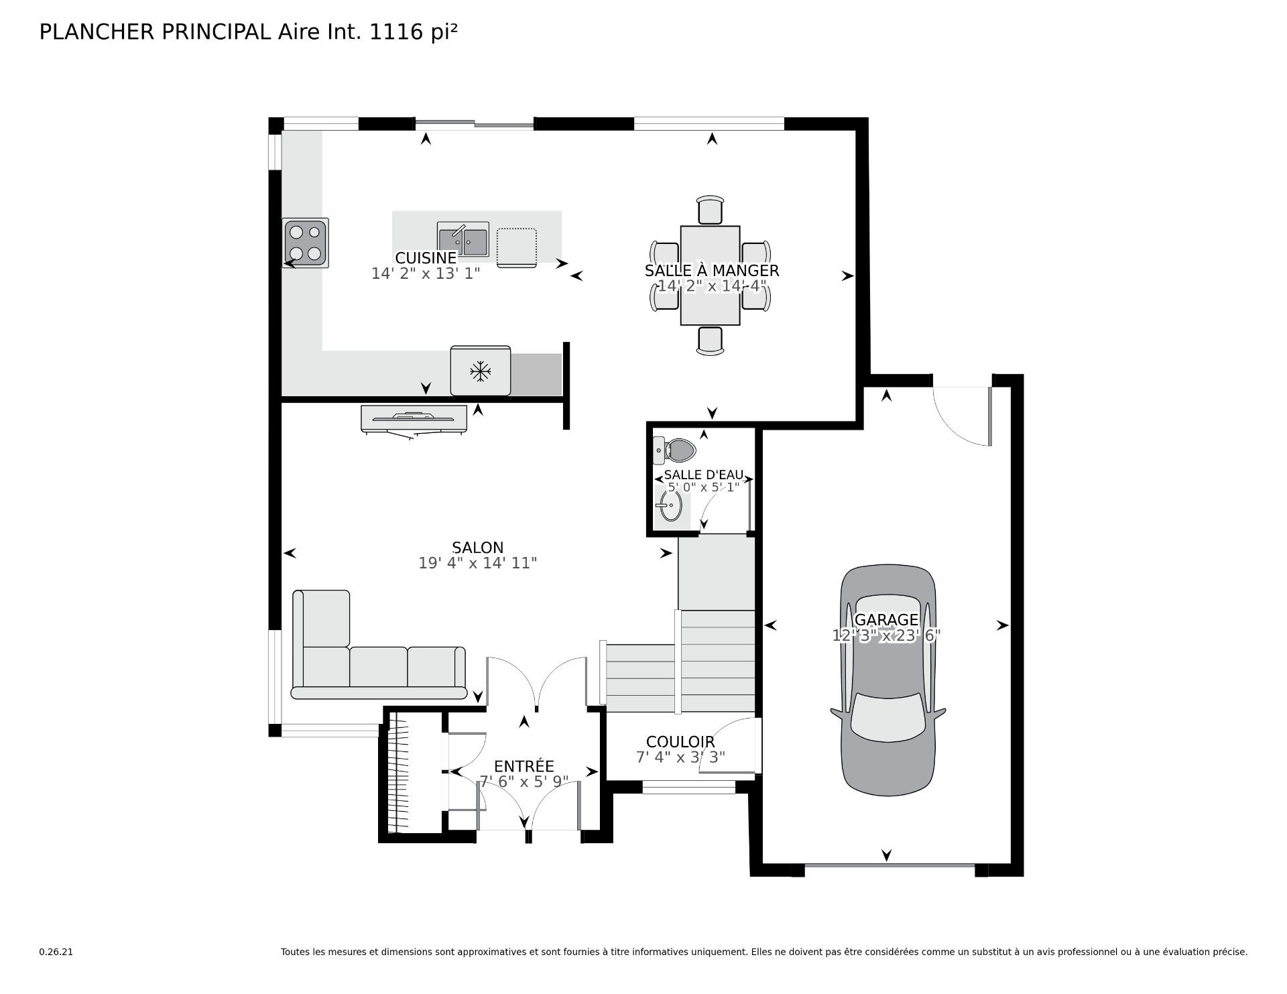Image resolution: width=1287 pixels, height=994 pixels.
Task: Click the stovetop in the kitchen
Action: point(306,243)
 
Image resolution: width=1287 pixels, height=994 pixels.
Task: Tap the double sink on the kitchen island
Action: point(463,240)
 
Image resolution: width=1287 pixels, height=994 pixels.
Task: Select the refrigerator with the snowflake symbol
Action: point(480,371)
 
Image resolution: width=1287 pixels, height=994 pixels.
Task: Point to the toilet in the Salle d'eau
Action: point(675,450)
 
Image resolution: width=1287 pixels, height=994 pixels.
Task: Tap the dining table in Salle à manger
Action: point(710,275)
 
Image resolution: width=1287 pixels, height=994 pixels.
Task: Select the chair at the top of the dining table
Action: point(711,210)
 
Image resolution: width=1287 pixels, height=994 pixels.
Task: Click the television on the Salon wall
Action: point(414,420)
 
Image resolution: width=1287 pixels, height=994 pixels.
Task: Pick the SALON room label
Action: point(478,548)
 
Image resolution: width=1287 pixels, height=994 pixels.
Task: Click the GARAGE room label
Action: point(886,620)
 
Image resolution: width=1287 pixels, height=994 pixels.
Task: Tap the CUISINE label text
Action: point(426,258)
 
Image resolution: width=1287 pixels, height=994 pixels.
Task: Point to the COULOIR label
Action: point(680,742)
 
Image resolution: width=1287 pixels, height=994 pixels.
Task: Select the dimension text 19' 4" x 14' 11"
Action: point(478,563)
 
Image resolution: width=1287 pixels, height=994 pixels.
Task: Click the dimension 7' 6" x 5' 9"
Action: point(524,782)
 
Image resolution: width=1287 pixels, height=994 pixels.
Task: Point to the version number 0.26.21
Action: point(56,952)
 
